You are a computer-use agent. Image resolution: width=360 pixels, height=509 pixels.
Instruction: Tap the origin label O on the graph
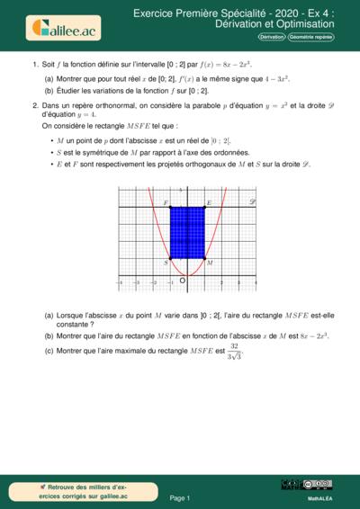pos(183,281)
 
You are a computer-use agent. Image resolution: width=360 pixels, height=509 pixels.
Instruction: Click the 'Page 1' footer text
pos(180,496)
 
